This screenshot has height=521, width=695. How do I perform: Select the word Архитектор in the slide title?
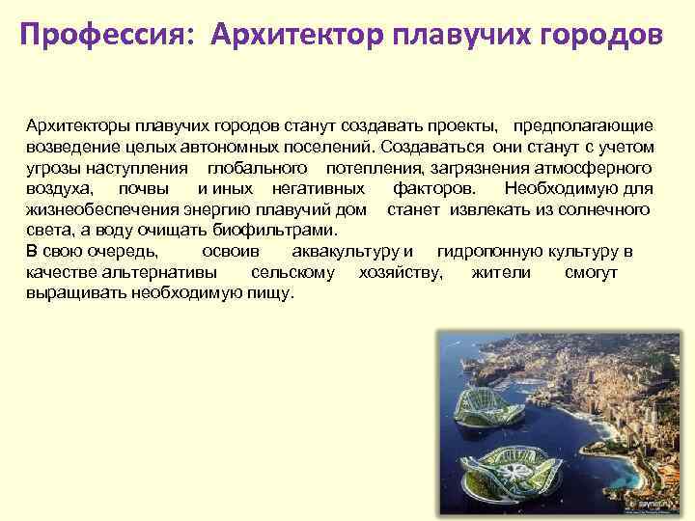click(299, 36)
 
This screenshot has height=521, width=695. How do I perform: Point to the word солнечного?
click(604, 209)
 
